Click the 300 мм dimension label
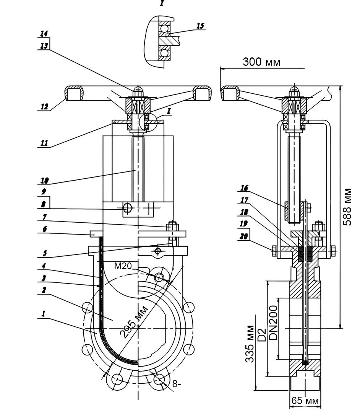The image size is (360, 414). tap(261, 62)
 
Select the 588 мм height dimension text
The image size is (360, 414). tap(347, 207)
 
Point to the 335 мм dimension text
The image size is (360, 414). tap(250, 344)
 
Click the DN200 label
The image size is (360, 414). tap(274, 323)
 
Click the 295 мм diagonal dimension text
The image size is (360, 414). tap(134, 322)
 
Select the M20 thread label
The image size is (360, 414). tap(123, 266)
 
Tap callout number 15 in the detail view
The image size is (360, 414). tap(200, 26)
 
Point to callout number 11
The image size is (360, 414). tap(44, 143)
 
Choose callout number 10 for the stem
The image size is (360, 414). tap(44, 180)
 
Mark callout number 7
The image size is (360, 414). tap(45, 217)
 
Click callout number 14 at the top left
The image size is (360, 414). tap(44, 34)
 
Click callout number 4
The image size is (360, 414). tap(44, 266)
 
